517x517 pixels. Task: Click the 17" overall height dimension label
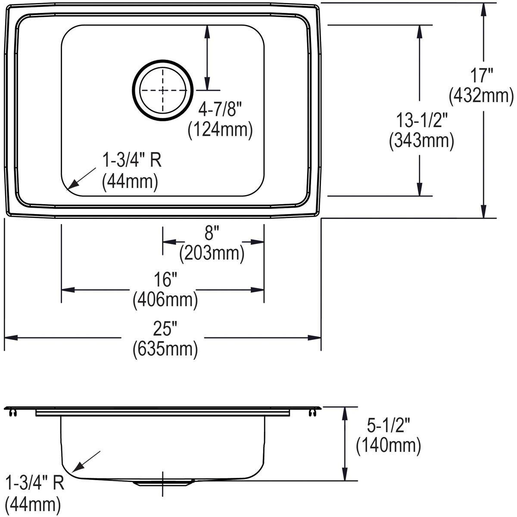point(481,76)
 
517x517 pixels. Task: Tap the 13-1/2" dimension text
point(422,120)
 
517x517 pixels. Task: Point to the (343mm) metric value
point(421,141)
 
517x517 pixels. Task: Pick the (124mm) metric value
point(220,130)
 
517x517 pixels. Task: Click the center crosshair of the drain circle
point(162,90)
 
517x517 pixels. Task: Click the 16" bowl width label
point(165,280)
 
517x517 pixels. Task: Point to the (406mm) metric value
point(165,299)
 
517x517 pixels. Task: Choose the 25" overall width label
point(165,329)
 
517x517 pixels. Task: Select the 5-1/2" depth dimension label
point(387,426)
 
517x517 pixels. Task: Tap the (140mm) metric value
point(388,446)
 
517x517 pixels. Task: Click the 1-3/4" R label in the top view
point(131,161)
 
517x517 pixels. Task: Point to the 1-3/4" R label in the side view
point(34,483)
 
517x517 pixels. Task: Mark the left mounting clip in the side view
point(13,413)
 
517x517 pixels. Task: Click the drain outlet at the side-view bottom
point(162,483)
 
